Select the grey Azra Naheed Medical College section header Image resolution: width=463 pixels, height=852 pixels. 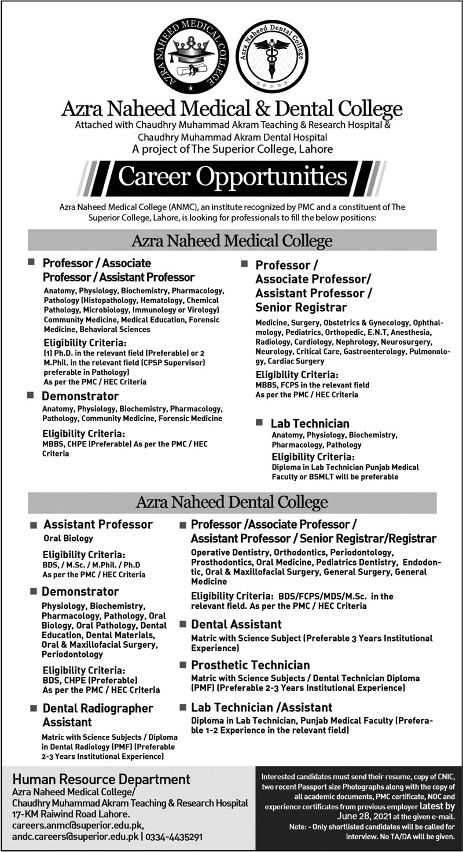[232, 240]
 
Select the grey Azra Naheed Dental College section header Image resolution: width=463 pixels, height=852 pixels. [232, 502]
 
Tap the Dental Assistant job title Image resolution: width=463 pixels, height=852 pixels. [236, 624]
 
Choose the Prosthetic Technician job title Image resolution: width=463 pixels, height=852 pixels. [250, 665]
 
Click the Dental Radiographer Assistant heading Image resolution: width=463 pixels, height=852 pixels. [97, 715]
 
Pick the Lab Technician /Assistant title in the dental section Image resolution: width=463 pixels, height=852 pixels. [262, 707]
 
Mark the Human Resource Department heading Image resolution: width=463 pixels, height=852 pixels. [102, 779]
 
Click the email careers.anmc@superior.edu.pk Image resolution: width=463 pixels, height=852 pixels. [78, 825]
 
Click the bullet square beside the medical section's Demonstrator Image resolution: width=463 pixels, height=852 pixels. [30, 394]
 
